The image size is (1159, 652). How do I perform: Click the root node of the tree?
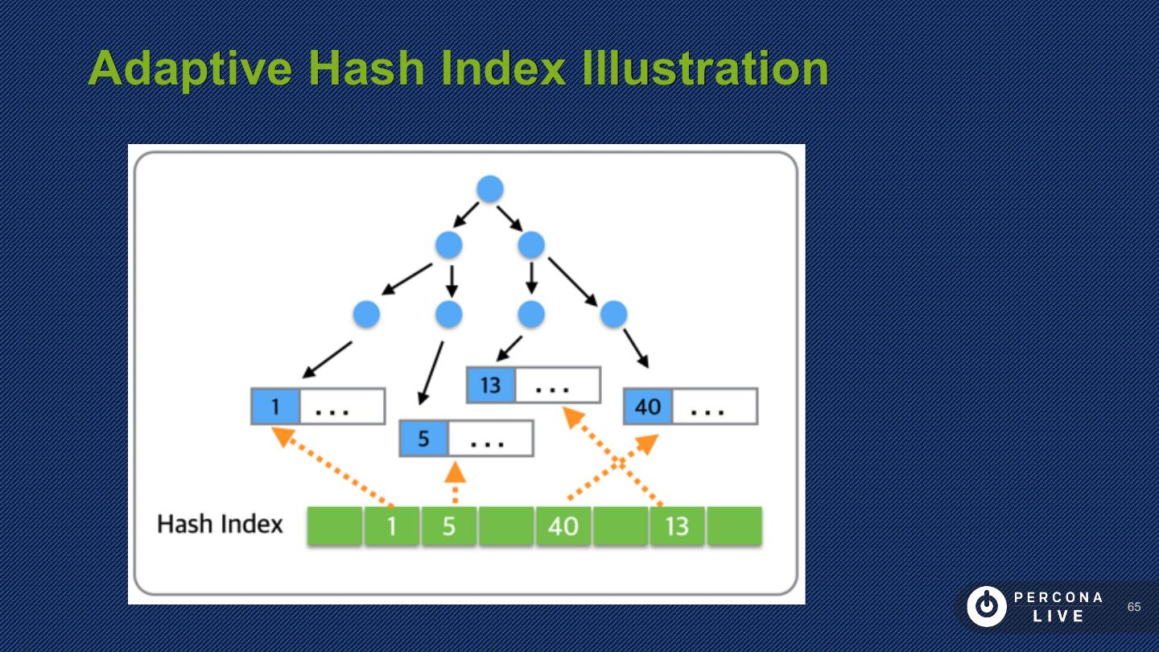coord(489,189)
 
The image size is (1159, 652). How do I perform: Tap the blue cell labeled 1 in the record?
coord(275,406)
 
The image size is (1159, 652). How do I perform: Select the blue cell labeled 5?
coord(423,439)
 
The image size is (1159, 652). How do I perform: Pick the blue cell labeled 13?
coord(491,385)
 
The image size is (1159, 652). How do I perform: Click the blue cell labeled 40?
coord(648,406)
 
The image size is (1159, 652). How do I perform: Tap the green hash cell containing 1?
coord(392,526)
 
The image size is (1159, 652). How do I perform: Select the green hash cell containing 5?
coord(449,526)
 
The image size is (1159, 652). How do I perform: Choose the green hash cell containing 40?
coord(563,526)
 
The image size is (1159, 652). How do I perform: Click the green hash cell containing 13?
coord(677,526)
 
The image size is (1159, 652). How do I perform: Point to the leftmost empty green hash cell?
coord(335,526)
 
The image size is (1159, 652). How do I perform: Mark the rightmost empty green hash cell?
coord(734,526)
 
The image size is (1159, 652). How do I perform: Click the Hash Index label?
coord(220,525)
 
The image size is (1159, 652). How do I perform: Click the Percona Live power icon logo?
coord(986,607)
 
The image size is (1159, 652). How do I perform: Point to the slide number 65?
coord(1134,607)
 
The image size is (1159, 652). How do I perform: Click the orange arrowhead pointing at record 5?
coord(456,472)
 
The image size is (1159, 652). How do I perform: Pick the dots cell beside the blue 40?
coord(714,406)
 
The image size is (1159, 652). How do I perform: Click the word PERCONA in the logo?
coord(1058,597)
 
